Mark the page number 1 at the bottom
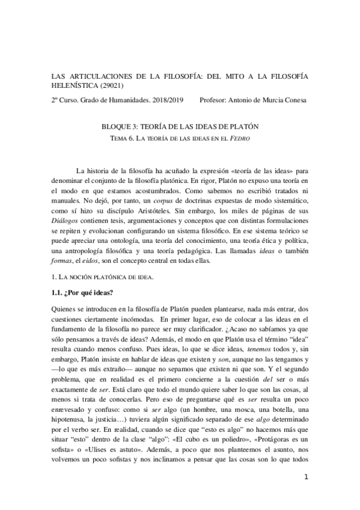point(307,494)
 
